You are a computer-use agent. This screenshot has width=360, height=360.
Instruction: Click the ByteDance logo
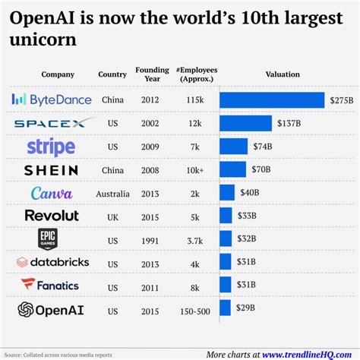[x=52, y=99]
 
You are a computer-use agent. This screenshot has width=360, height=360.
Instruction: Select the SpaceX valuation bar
[x=245, y=123]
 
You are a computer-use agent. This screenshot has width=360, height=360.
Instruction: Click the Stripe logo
[x=51, y=147]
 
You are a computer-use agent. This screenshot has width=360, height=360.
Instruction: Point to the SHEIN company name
[x=51, y=170]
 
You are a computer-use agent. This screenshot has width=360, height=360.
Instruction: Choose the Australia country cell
[x=112, y=194]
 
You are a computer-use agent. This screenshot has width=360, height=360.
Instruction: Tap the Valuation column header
[x=282, y=74]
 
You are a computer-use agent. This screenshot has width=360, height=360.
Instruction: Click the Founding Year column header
[x=147, y=74]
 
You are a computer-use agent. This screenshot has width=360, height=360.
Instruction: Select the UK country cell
[x=112, y=216]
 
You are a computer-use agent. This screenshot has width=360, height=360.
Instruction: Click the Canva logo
[x=51, y=194]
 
